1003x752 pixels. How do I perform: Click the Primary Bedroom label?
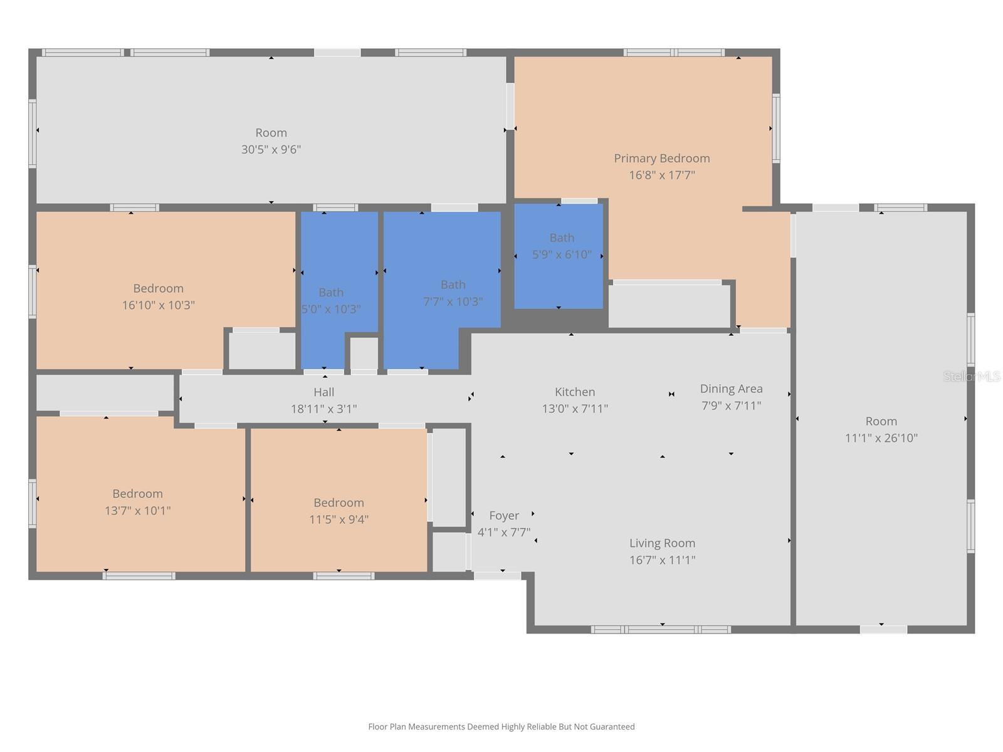[661, 159]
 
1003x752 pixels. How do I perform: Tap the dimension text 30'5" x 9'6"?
[271, 150]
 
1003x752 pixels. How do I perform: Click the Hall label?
[323, 392]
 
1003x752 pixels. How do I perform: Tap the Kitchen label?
[574, 392]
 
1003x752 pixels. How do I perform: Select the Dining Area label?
[731, 389]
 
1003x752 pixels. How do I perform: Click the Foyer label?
[504, 516]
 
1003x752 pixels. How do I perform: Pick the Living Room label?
[662, 543]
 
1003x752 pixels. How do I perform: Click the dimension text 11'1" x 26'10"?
[881, 438]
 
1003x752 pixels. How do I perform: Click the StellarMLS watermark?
[971, 377]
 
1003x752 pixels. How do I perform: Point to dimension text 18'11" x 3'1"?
[323, 409]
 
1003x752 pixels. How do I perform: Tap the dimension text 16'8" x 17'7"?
[661, 175]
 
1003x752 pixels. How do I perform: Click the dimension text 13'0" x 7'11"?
[574, 409]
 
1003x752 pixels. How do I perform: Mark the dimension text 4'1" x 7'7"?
[504, 533]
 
